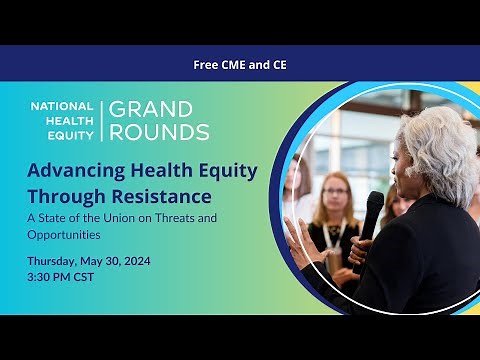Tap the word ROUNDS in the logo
159,131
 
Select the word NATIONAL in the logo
62,105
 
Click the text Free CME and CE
240,64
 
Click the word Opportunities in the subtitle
64,234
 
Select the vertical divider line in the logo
101,120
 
